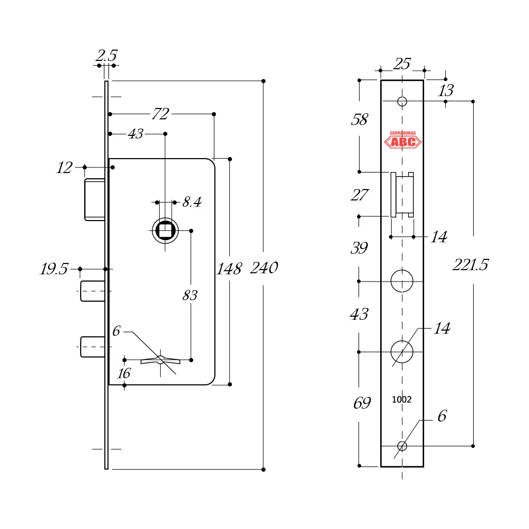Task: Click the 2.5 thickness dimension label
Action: pyautogui.click(x=106, y=56)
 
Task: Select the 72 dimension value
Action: pyautogui.click(x=160, y=114)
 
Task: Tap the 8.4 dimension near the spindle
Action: pyautogui.click(x=192, y=202)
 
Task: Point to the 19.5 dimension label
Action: pyautogui.click(x=54, y=269)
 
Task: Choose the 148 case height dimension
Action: pyautogui.click(x=229, y=269)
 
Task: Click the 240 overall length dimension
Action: pyautogui.click(x=264, y=268)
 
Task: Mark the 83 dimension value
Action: pyautogui.click(x=190, y=295)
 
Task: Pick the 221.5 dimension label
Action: pyautogui.click(x=470, y=265)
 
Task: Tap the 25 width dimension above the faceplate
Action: pyautogui.click(x=402, y=64)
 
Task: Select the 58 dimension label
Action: pyautogui.click(x=359, y=120)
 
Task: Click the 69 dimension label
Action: pyautogui.click(x=362, y=403)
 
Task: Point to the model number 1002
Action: pyautogui.click(x=401, y=400)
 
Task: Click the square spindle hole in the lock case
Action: pyautogui.click(x=165, y=230)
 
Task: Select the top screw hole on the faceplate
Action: pyautogui.click(x=402, y=101)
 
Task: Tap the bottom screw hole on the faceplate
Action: pyautogui.click(x=402, y=446)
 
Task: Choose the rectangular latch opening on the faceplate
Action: pyautogui.click(x=402, y=195)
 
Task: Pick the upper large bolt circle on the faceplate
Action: pyautogui.click(x=402, y=281)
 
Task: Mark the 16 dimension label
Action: pyautogui.click(x=123, y=373)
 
